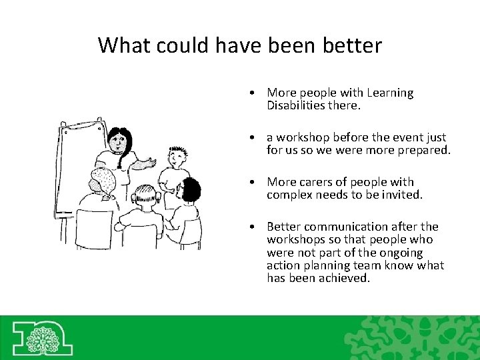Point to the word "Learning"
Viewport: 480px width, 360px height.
point(389,93)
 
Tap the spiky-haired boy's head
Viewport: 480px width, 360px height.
point(175,157)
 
